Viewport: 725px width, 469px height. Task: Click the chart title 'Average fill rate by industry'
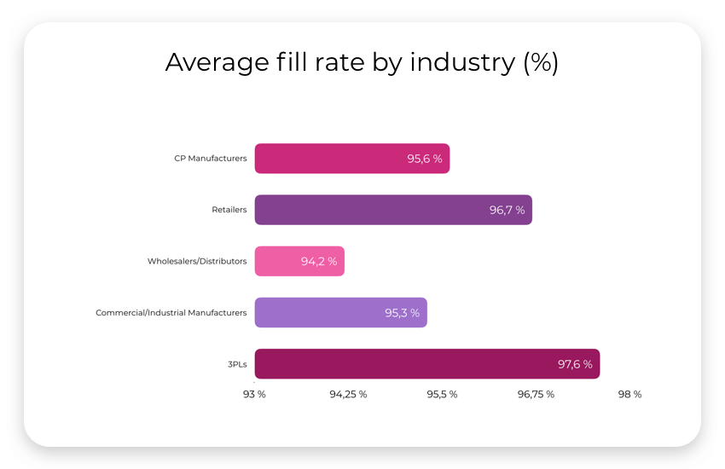tap(362, 62)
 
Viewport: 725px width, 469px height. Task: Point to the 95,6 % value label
tap(424, 159)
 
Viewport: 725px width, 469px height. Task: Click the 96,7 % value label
tap(507, 210)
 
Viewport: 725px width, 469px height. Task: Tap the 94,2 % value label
tap(319, 262)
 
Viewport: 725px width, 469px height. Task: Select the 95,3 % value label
tap(402, 313)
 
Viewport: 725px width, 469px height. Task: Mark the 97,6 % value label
tap(575, 364)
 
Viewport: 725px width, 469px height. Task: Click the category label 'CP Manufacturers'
tap(210, 159)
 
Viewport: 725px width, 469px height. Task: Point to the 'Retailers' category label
tap(229, 210)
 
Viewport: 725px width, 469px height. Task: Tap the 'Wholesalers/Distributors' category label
tap(196, 261)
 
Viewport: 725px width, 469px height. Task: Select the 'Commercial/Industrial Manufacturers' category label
tap(171, 313)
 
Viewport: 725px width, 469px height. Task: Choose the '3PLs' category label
tap(236, 364)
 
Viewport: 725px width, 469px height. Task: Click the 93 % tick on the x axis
tap(254, 394)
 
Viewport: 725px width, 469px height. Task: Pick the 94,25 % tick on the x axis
tap(348, 394)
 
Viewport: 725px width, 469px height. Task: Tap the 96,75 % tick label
tap(536, 394)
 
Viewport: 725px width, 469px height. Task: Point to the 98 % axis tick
tap(629, 394)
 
